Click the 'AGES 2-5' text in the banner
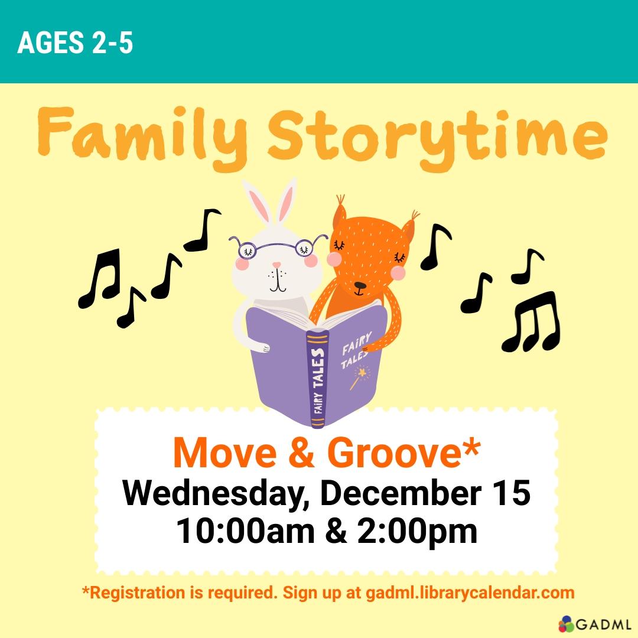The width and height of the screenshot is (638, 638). pos(75,44)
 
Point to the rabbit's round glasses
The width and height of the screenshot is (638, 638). pos(278,247)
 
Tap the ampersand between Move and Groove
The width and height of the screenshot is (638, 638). pos(300,453)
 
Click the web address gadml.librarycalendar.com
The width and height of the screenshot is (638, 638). pos(469,593)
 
